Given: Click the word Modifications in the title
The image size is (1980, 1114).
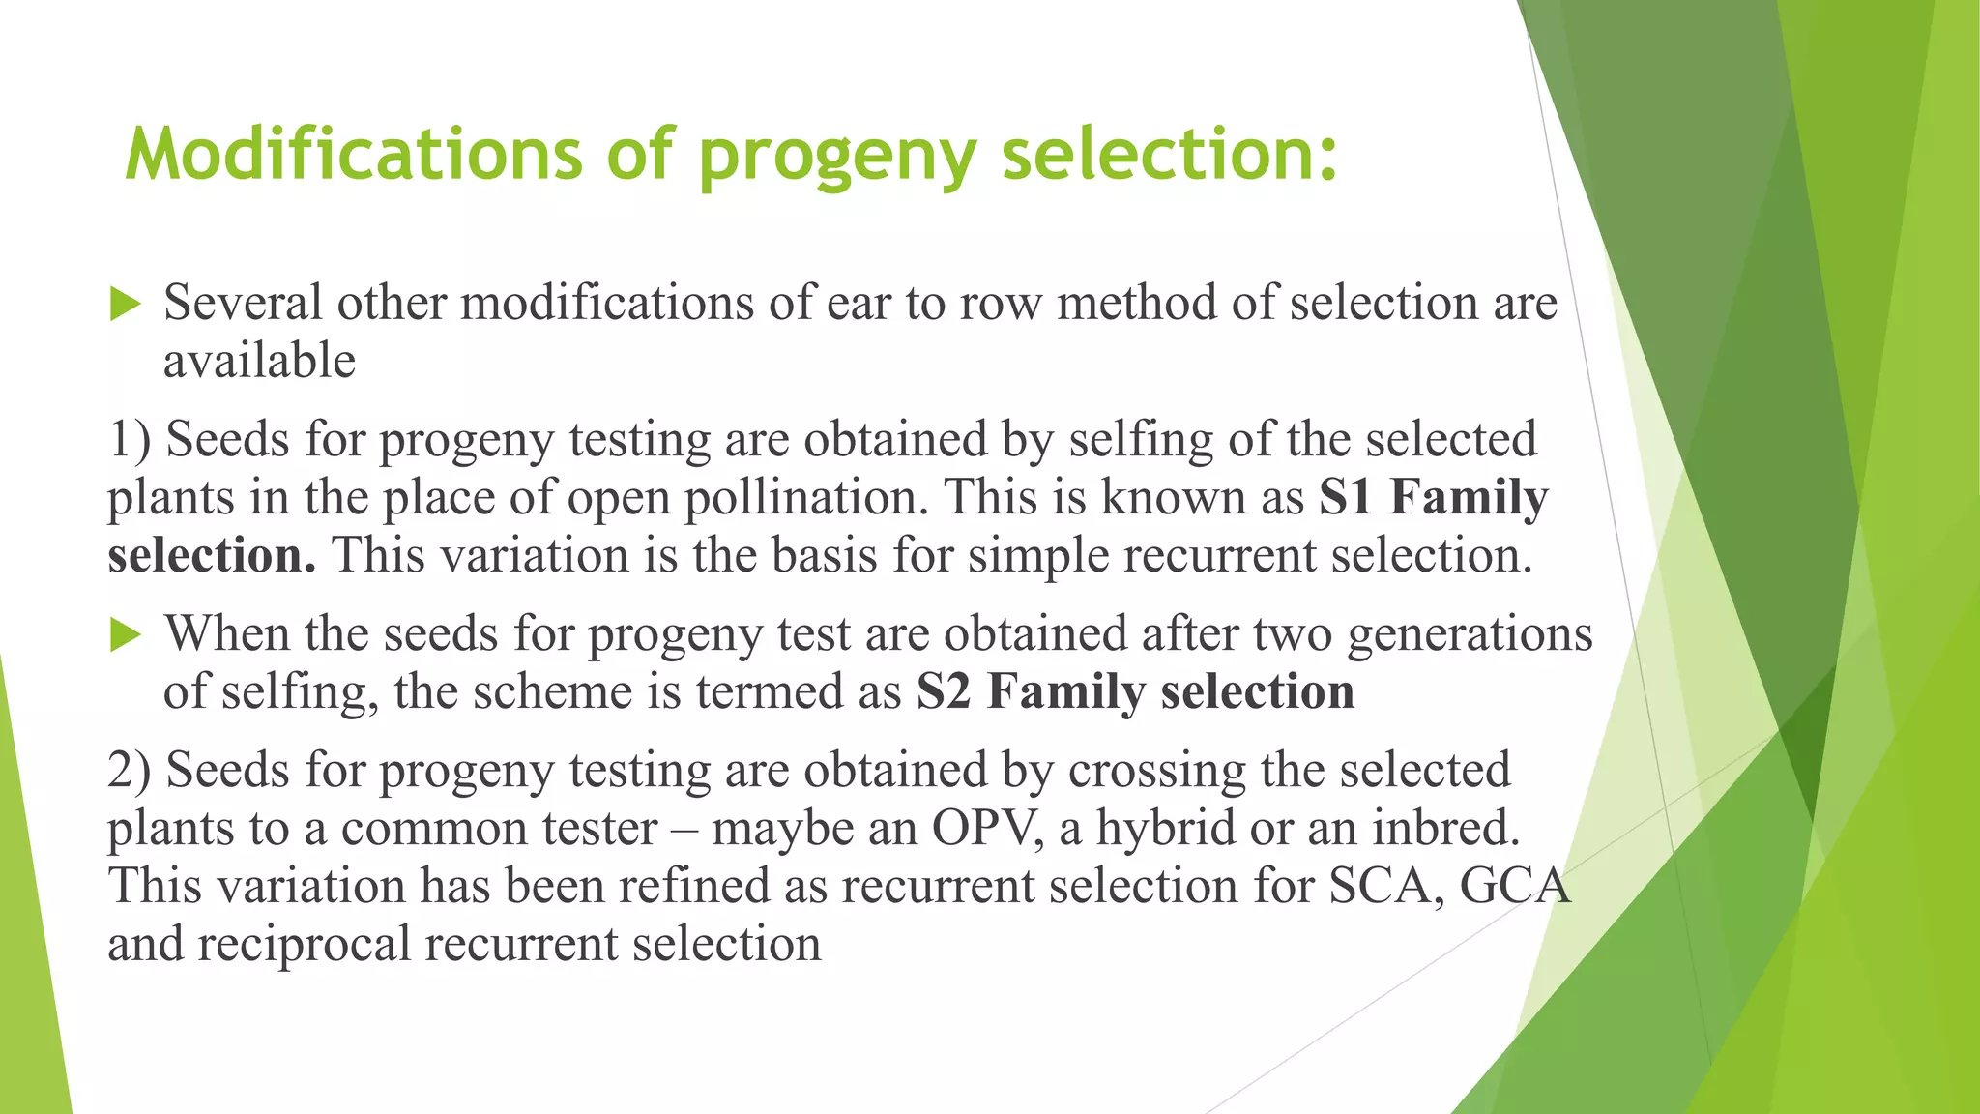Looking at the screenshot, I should (354, 154).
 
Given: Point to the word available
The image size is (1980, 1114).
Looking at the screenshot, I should (259, 361).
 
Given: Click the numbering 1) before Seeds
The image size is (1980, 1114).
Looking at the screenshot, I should (130, 439).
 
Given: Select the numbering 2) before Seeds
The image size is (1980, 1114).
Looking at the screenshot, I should (130, 770).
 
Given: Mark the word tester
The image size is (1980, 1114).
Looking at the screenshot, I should (599, 829).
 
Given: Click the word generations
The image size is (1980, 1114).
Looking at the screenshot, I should (1470, 634).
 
